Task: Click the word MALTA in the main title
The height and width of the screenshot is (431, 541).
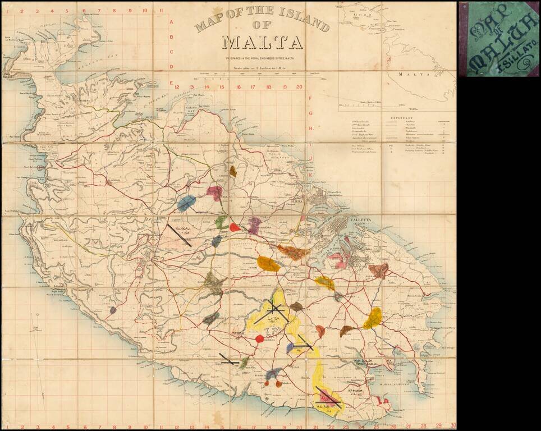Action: (x=262, y=43)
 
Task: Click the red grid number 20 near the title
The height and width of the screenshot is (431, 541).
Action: (x=299, y=87)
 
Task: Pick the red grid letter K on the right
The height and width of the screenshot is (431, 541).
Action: (x=310, y=175)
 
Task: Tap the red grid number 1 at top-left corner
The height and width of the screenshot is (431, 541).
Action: (x=7, y=10)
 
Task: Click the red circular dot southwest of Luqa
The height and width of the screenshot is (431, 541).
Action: (x=259, y=339)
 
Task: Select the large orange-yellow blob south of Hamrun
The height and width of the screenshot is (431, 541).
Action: (x=269, y=264)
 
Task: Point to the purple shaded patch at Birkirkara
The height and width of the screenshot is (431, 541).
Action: (x=254, y=226)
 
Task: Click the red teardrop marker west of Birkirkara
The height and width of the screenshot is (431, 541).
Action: (x=235, y=227)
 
